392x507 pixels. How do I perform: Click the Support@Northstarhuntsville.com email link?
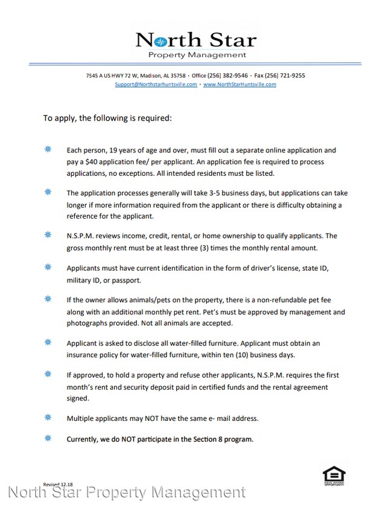click(x=156, y=85)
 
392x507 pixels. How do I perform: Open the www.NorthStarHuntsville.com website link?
click(x=239, y=85)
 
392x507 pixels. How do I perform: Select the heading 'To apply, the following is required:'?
click(x=107, y=118)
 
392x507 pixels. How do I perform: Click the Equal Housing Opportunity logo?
click(x=333, y=475)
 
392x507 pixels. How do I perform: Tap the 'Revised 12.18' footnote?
click(x=58, y=484)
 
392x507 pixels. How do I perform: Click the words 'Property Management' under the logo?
click(x=197, y=55)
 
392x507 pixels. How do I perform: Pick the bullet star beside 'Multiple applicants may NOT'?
click(x=48, y=417)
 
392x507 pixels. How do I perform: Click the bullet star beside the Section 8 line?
click(x=48, y=438)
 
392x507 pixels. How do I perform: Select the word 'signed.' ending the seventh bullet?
click(x=78, y=398)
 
